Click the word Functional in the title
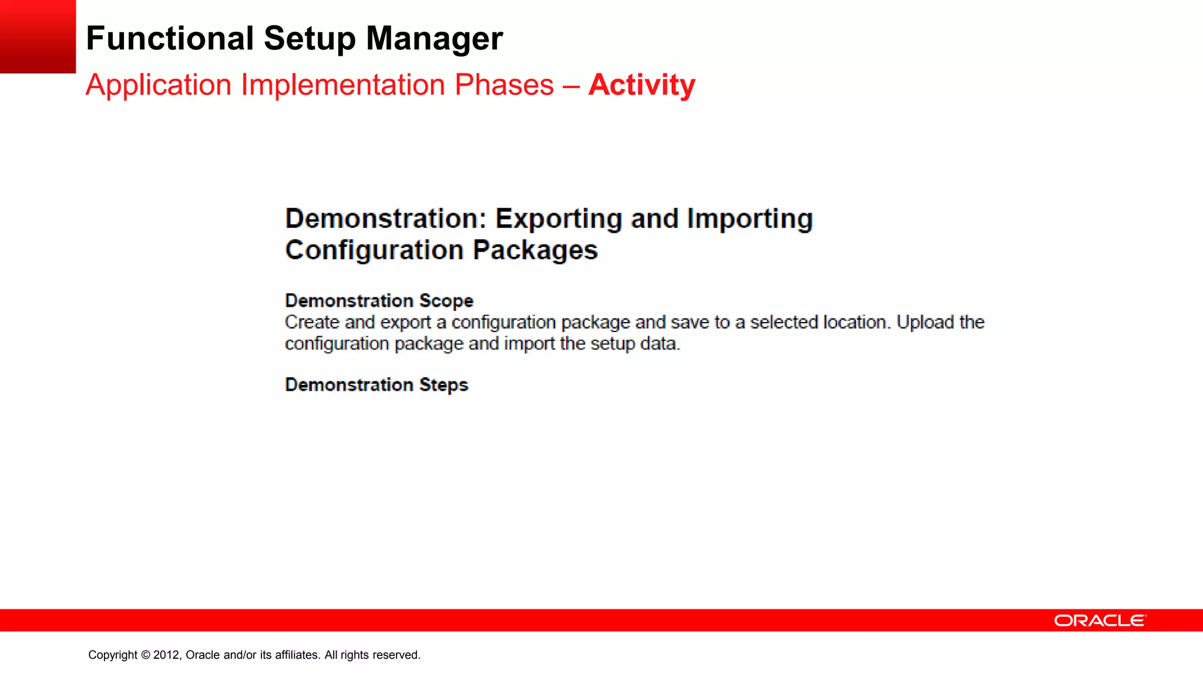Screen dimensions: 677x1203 click(x=170, y=39)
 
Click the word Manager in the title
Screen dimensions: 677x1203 click(x=434, y=39)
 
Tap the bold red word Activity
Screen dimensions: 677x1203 click(x=641, y=85)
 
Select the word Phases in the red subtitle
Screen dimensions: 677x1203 click(x=504, y=85)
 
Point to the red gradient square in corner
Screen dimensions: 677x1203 click(x=38, y=36)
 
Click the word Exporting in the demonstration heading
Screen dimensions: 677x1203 click(x=559, y=219)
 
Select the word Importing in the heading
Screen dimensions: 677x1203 click(x=750, y=219)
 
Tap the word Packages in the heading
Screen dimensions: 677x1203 click(x=535, y=250)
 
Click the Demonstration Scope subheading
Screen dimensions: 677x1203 click(x=379, y=301)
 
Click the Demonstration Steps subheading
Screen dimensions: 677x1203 click(x=377, y=385)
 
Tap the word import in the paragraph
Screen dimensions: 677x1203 click(x=529, y=344)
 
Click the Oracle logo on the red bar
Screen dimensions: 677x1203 click(x=1099, y=621)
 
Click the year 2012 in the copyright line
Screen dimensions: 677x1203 click(x=166, y=655)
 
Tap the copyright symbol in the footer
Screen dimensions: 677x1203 click(x=145, y=655)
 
